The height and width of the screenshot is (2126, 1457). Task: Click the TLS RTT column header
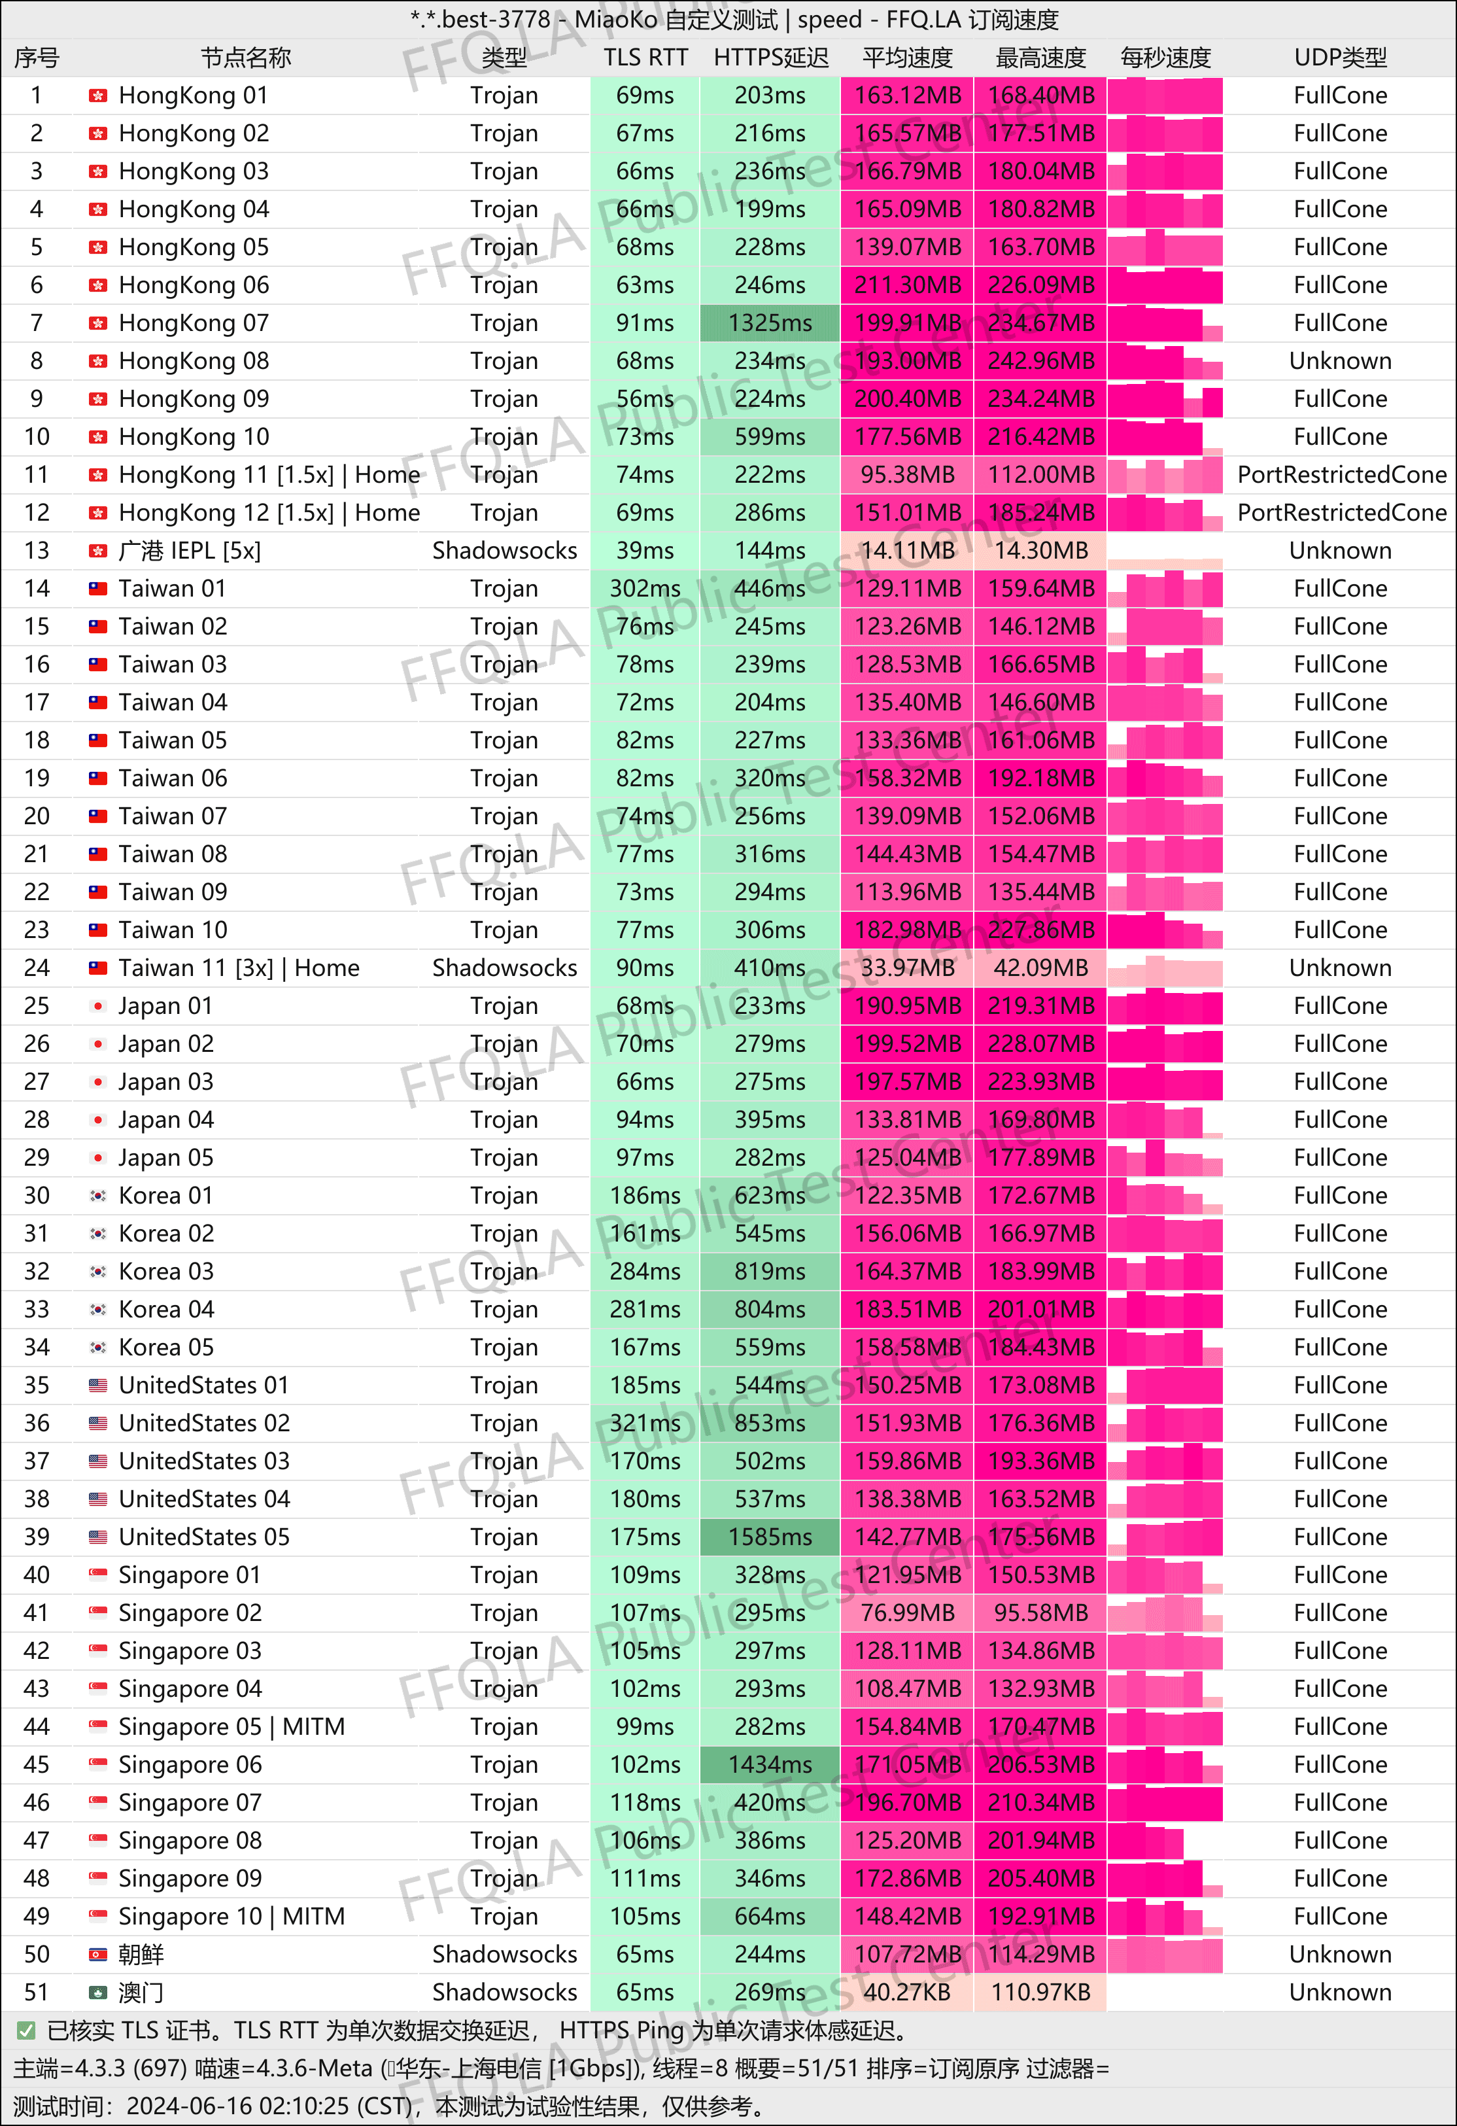point(645,58)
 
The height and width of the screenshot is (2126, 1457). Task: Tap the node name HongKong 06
point(194,285)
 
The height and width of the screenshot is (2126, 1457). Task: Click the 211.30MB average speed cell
point(907,285)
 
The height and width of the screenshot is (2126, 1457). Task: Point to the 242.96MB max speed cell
point(1041,361)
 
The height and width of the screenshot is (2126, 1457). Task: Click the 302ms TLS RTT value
point(645,588)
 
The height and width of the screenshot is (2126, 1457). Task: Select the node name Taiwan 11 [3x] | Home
point(239,968)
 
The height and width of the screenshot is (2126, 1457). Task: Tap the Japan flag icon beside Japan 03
point(98,1082)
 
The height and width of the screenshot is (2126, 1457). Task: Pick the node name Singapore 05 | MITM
point(231,1726)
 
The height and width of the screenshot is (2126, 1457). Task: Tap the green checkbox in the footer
point(26,2031)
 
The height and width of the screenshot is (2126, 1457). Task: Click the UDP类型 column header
point(1340,58)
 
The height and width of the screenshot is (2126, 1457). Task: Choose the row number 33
point(37,1309)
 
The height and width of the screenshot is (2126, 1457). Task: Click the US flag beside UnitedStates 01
point(98,1385)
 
